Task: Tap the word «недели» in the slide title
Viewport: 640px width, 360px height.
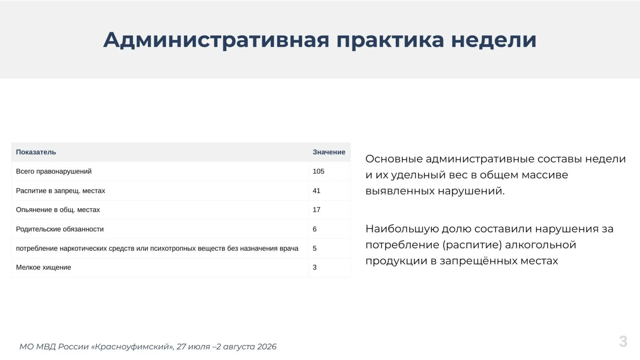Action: pyautogui.click(x=494, y=40)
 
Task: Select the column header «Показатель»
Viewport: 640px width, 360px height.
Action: pyautogui.click(x=36, y=152)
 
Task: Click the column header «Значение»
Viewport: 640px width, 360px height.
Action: pyautogui.click(x=329, y=152)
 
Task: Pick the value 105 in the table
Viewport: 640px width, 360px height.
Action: pyautogui.click(x=318, y=171)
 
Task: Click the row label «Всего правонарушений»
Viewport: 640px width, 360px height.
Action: pyautogui.click(x=54, y=171)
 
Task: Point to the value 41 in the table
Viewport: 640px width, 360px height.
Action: pyautogui.click(x=316, y=191)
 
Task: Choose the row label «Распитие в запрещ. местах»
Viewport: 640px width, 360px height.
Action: pyautogui.click(x=61, y=191)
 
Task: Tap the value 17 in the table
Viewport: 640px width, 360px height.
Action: pyautogui.click(x=316, y=210)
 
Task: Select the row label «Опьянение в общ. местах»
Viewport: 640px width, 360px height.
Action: pyautogui.click(x=58, y=210)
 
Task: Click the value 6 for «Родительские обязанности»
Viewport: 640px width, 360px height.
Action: pyautogui.click(x=314, y=229)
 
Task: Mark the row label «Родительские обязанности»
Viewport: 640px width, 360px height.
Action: pyautogui.click(x=60, y=229)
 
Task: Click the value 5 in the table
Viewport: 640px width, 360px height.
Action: pyautogui.click(x=314, y=248)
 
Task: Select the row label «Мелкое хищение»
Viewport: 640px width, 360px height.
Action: pyautogui.click(x=44, y=267)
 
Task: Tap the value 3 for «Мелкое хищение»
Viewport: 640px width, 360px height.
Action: pyautogui.click(x=314, y=267)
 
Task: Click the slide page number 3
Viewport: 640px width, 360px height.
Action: pyautogui.click(x=623, y=341)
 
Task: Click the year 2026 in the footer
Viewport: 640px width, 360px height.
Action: pyautogui.click(x=267, y=347)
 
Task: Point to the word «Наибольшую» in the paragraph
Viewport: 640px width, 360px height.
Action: pyautogui.click(x=402, y=229)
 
